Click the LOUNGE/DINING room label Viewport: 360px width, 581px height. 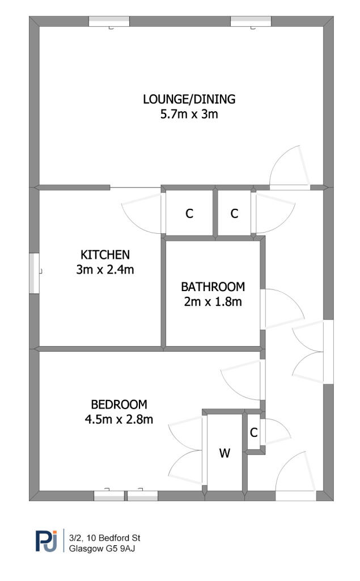189,99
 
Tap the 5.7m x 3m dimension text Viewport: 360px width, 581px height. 189,115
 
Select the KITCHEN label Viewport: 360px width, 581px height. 105,254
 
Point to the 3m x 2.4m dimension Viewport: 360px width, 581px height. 105,270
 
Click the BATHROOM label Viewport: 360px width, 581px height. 213,287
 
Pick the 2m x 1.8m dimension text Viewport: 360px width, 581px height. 213,302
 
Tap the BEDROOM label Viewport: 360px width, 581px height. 119,405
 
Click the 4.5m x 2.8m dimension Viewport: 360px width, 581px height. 119,420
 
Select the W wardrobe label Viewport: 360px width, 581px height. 225,453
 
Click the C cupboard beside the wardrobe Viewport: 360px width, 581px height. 254,433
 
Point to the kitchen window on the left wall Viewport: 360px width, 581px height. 34,273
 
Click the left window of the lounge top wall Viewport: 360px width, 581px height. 109,21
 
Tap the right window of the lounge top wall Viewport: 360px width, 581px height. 251,21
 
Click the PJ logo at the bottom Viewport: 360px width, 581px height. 46,541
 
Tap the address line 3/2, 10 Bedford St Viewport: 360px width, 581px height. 105,537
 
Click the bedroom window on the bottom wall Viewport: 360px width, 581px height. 125,495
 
